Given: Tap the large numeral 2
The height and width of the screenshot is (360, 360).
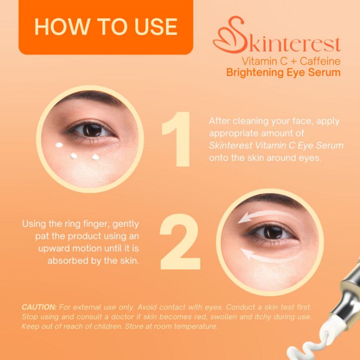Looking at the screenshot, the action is (180, 242).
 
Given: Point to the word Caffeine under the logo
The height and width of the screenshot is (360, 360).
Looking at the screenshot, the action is (320, 61).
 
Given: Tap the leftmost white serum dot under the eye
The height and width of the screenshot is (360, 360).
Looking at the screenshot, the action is (59, 145).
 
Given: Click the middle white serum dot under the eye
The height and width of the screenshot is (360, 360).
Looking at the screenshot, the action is (74, 156).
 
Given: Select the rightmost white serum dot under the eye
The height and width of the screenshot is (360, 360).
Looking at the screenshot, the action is (95, 157).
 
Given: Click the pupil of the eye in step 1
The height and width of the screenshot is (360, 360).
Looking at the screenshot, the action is (92, 130).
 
